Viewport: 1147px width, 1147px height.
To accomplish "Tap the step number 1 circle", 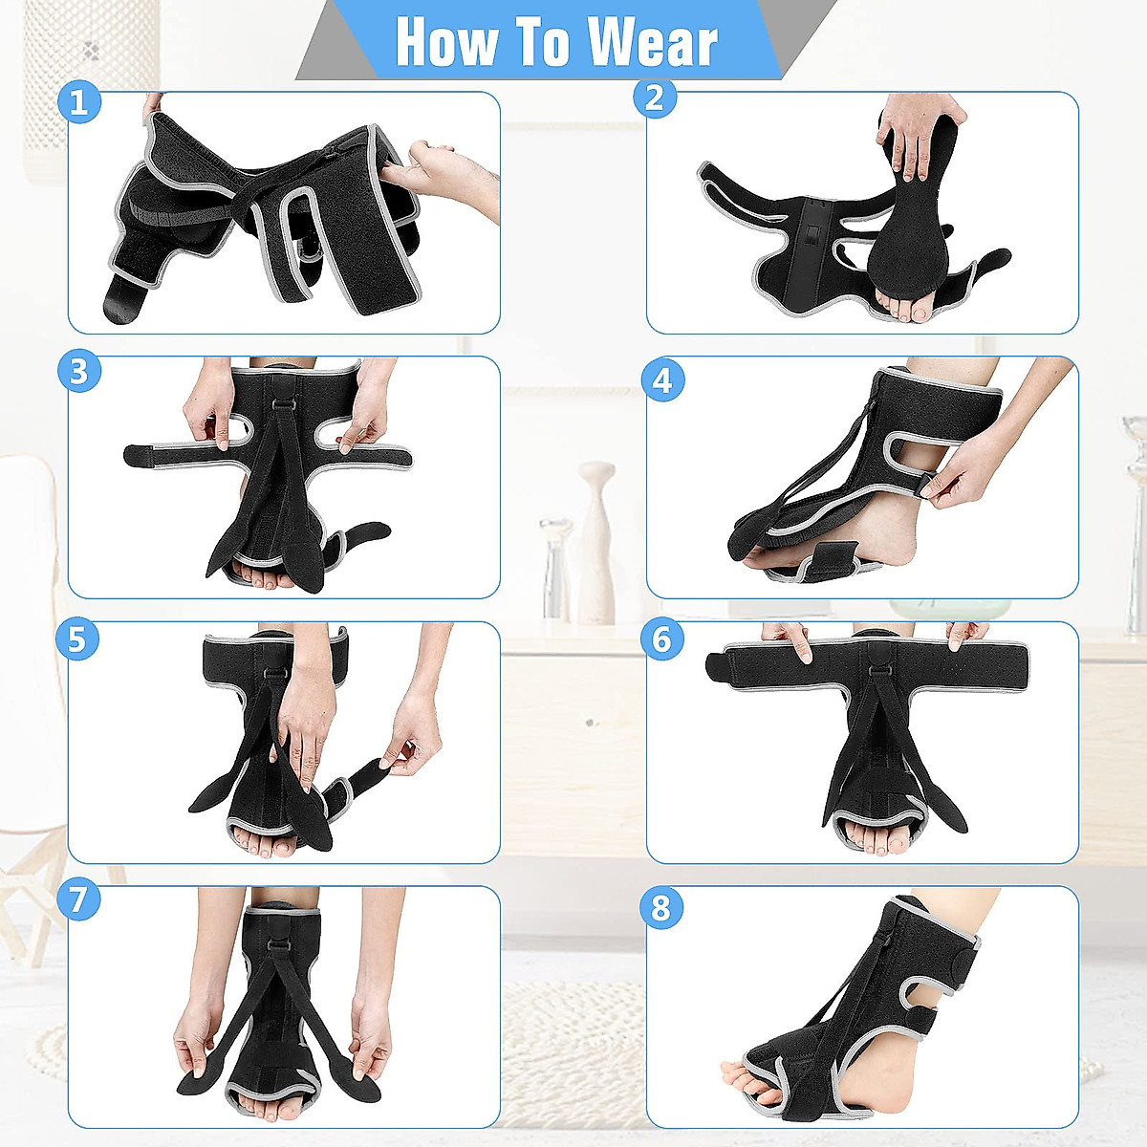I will click(x=79, y=101).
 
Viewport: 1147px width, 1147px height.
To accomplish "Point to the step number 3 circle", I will click(x=79, y=370).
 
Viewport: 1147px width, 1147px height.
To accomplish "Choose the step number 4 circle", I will click(x=661, y=381).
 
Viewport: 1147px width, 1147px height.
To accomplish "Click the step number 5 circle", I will click(x=78, y=639).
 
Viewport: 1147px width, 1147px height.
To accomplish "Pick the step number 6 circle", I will click(x=661, y=639).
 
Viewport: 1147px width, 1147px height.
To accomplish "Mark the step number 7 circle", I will click(x=78, y=899).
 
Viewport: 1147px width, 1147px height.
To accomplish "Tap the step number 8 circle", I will click(x=661, y=907).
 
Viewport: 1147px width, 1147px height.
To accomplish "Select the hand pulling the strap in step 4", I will click(x=965, y=478).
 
